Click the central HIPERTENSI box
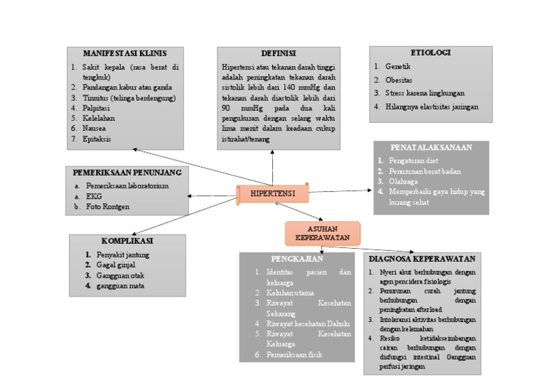272,193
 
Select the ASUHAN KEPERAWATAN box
323,232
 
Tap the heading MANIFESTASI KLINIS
125,53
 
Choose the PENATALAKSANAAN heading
431,146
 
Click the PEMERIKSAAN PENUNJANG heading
127,172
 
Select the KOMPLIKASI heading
127,241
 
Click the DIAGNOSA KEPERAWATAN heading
422,259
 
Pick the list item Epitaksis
96,139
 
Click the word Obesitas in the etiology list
399,80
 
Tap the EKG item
94,196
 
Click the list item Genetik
398,66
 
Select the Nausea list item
95,129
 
